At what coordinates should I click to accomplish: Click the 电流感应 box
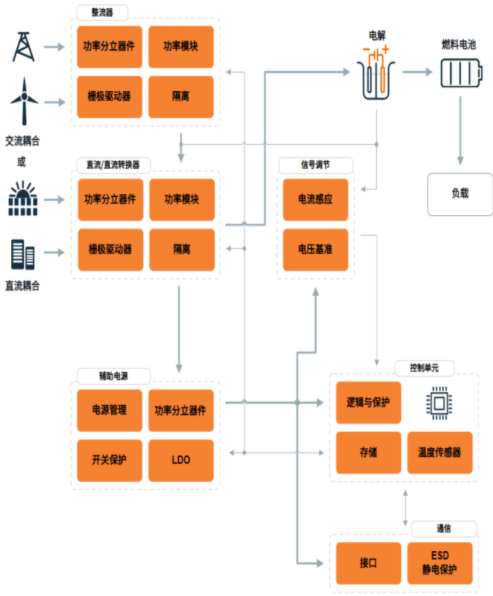tap(315, 200)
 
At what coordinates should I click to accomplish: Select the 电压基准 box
tap(315, 249)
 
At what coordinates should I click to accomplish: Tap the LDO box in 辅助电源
tap(180, 459)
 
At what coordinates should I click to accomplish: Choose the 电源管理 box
tap(109, 410)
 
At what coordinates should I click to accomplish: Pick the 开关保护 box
tap(109, 459)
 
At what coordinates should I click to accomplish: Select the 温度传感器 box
tap(439, 452)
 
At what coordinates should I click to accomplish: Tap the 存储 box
tap(368, 452)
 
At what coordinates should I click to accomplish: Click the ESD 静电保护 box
tap(439, 563)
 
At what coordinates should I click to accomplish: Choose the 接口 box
tap(368, 563)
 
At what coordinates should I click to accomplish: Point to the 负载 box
tap(459, 193)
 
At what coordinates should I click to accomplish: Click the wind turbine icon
tap(23, 102)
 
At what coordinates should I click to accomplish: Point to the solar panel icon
tap(23, 199)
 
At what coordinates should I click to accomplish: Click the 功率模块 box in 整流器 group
tap(180, 46)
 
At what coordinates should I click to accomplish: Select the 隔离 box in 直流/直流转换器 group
tap(181, 249)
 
